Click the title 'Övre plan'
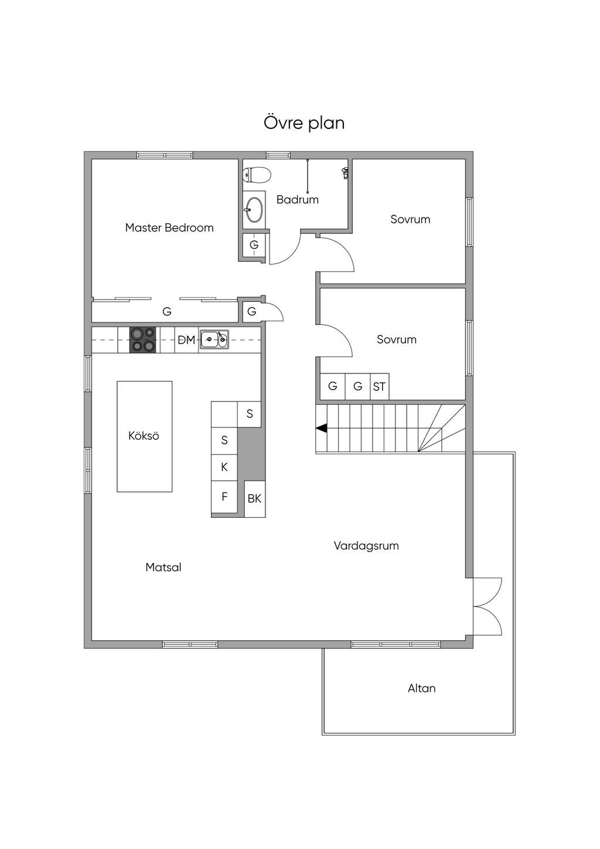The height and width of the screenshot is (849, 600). (x=304, y=123)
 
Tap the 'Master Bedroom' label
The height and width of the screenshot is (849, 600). (x=169, y=227)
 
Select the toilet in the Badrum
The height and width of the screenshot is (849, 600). (x=258, y=175)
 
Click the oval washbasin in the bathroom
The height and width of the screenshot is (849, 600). (x=254, y=209)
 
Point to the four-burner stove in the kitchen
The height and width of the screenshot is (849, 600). (x=144, y=339)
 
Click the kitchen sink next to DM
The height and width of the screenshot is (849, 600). (x=214, y=339)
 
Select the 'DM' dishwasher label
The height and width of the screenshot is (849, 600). (x=186, y=340)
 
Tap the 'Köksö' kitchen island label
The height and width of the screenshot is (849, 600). (x=144, y=436)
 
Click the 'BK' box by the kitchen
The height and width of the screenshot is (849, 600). (x=254, y=499)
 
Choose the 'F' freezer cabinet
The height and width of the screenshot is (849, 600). (x=224, y=497)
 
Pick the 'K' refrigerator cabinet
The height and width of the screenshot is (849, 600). (x=224, y=467)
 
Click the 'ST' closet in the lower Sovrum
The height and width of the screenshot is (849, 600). (x=379, y=387)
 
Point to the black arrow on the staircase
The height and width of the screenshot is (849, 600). (x=321, y=429)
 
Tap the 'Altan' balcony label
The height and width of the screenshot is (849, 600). (x=421, y=688)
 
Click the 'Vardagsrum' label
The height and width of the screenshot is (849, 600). (x=366, y=546)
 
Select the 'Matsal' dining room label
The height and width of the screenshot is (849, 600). (x=163, y=567)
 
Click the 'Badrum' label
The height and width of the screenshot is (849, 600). (x=298, y=199)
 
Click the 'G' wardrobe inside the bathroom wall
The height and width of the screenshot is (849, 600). (x=254, y=245)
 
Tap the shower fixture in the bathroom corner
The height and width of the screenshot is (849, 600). (x=345, y=172)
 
